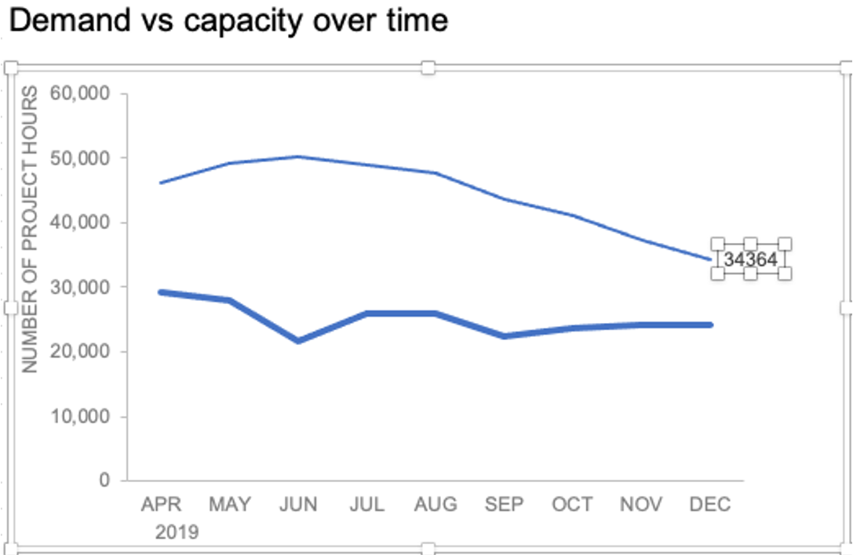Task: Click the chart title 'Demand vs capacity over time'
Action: coord(228,20)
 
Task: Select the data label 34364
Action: coord(750,259)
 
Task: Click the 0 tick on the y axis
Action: coord(104,480)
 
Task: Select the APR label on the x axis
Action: coord(161,504)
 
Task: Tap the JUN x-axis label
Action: coord(298,504)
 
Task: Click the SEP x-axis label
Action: coord(504,504)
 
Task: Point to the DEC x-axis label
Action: coord(709,504)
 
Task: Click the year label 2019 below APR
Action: coord(177,532)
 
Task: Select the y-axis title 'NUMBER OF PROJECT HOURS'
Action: coord(30,230)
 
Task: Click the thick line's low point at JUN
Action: coord(298,340)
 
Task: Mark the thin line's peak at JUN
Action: coord(298,157)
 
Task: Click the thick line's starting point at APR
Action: coord(161,292)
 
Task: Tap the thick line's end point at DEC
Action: coord(709,325)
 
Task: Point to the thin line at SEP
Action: coord(504,198)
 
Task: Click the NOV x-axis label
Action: coord(640,504)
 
